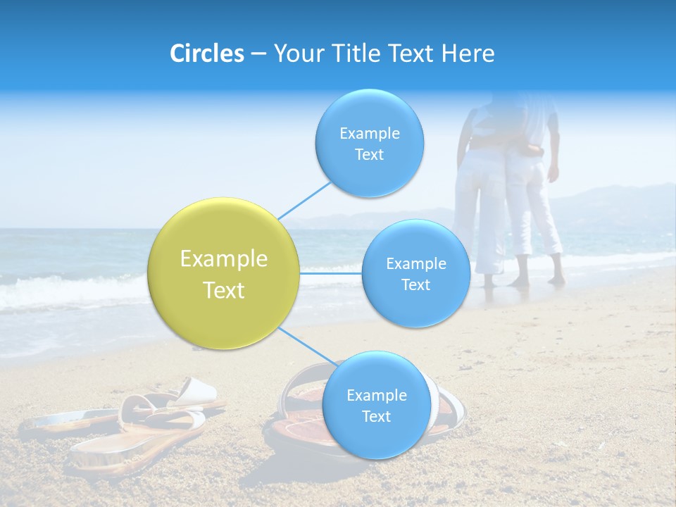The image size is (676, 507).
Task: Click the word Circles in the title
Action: [x=206, y=54]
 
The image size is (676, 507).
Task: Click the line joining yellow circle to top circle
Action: [x=304, y=199]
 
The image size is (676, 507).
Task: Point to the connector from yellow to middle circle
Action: [x=331, y=273]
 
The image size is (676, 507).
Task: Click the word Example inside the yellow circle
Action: [x=223, y=259]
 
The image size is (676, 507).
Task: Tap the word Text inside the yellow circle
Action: [x=223, y=290]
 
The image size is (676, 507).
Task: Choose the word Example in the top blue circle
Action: [x=369, y=134]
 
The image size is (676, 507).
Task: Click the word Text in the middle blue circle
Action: [x=415, y=284]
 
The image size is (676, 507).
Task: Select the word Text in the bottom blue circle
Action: [x=376, y=416]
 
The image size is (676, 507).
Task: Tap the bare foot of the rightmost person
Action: [x=556, y=280]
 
